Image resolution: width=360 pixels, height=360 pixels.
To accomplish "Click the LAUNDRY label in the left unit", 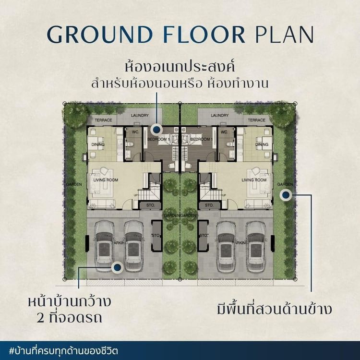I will (x=140, y=115).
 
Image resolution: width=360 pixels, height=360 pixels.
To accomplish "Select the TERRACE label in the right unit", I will (x=257, y=120).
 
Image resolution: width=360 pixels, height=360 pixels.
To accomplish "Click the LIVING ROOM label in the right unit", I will (x=254, y=180).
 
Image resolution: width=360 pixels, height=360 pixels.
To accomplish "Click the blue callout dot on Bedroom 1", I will (x=156, y=129).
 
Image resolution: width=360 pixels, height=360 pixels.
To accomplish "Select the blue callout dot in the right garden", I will (x=286, y=195).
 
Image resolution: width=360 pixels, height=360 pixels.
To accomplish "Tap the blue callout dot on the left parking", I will (x=117, y=268).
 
